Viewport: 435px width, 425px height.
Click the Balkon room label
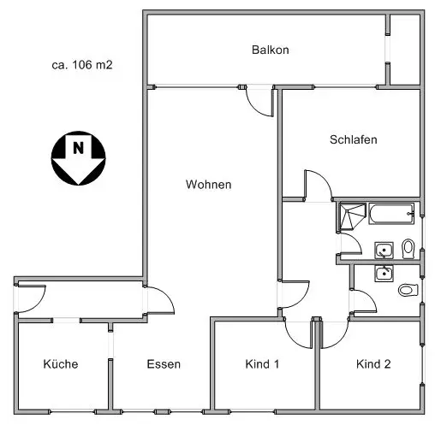271,50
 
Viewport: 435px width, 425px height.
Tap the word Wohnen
208,185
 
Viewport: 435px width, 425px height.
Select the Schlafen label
354,139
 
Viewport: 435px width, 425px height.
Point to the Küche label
61,364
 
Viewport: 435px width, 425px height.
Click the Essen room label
164,364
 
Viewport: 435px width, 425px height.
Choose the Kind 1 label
262,364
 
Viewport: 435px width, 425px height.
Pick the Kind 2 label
373,364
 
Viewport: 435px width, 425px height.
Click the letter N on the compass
79,148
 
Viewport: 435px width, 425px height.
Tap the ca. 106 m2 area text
82,65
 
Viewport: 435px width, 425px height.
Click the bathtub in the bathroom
391,214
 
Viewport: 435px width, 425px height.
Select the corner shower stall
352,216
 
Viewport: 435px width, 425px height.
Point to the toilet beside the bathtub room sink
408,249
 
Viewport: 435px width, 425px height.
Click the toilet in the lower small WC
408,290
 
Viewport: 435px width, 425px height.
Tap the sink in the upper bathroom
384,251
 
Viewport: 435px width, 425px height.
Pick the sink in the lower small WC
384,274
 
